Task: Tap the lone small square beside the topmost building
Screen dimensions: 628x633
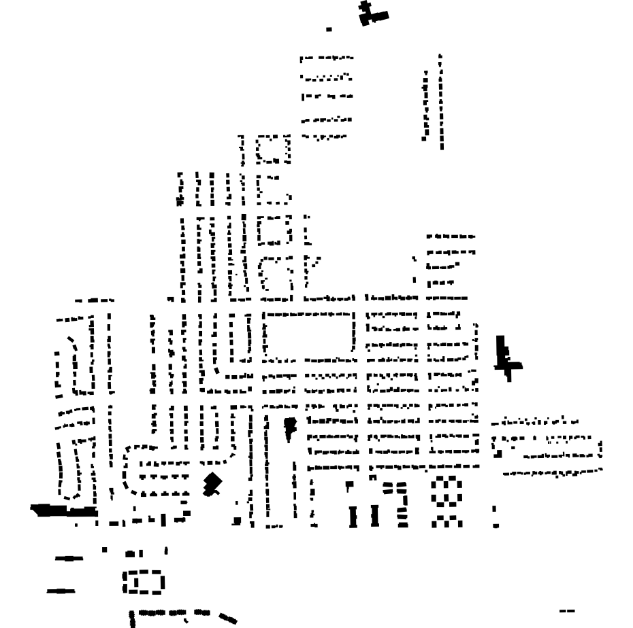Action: pos(329,29)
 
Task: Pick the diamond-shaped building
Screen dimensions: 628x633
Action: pos(214,483)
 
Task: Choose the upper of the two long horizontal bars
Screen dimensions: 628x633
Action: pos(69,558)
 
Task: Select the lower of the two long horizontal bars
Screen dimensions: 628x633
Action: pos(61,591)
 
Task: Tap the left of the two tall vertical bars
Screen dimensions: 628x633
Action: pos(354,516)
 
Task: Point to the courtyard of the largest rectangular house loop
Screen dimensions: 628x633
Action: pos(310,335)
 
